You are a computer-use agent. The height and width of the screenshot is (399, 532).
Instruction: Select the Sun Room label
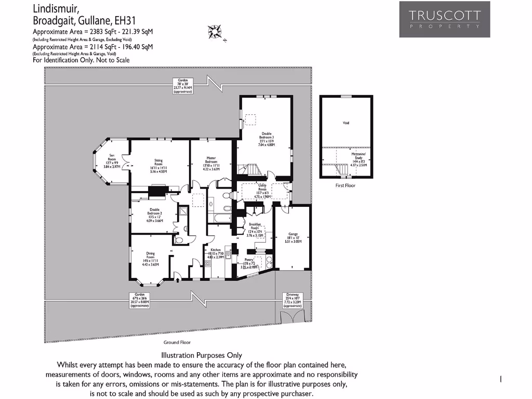(x=111, y=159)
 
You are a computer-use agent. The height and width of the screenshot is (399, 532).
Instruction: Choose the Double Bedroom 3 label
(x=267, y=139)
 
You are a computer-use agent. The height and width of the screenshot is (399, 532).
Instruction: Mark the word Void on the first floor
(x=346, y=123)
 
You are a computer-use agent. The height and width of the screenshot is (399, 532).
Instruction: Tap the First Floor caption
(x=345, y=185)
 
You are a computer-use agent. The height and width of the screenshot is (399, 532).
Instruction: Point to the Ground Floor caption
(x=177, y=342)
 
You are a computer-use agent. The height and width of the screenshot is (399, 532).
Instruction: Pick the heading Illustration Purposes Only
(x=202, y=356)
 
